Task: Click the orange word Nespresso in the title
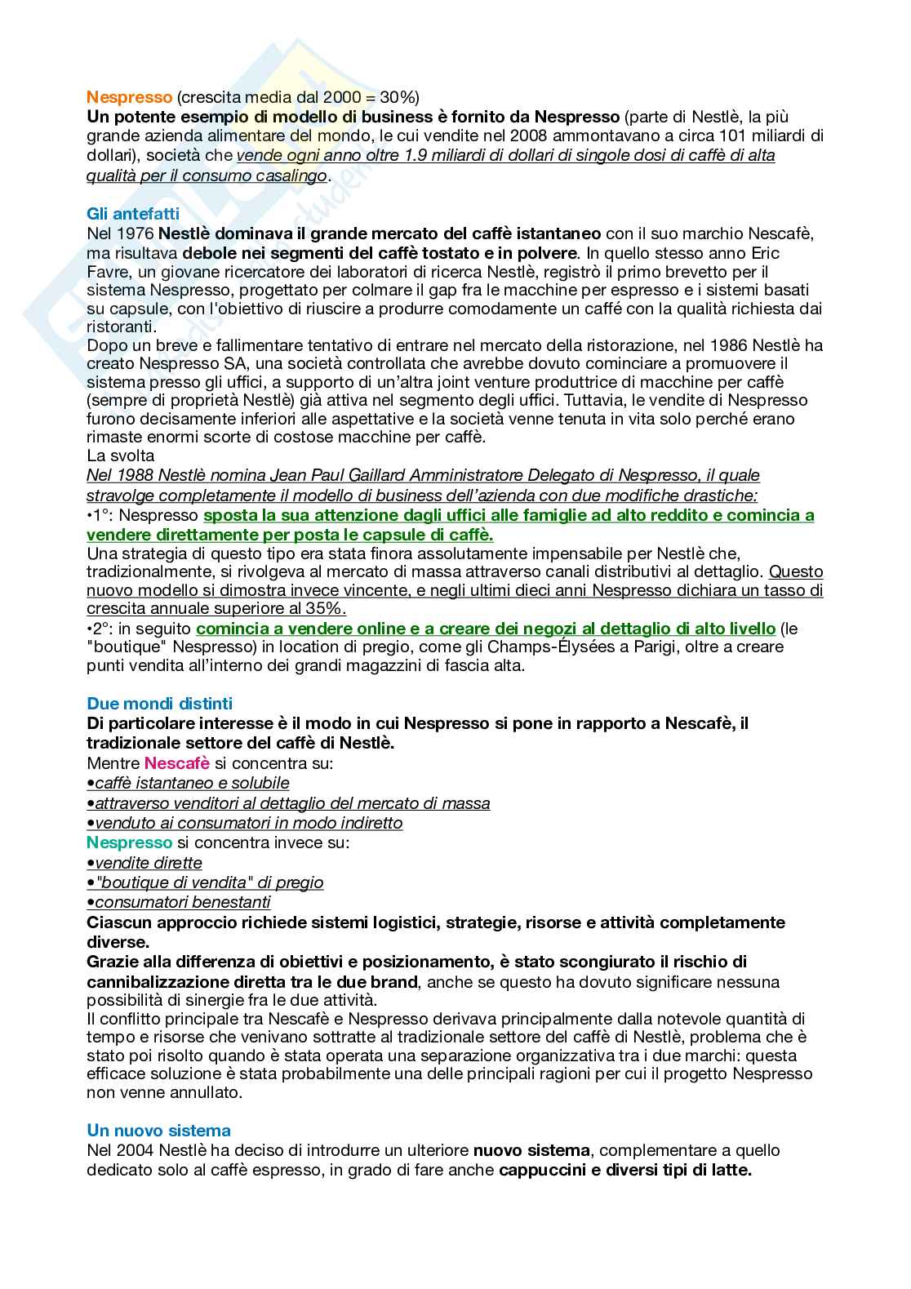129,97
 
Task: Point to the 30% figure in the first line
401,97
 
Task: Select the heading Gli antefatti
132,214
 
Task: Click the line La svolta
120,456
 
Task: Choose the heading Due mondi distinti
159,704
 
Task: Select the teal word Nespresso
129,842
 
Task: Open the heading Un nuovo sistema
158,1131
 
